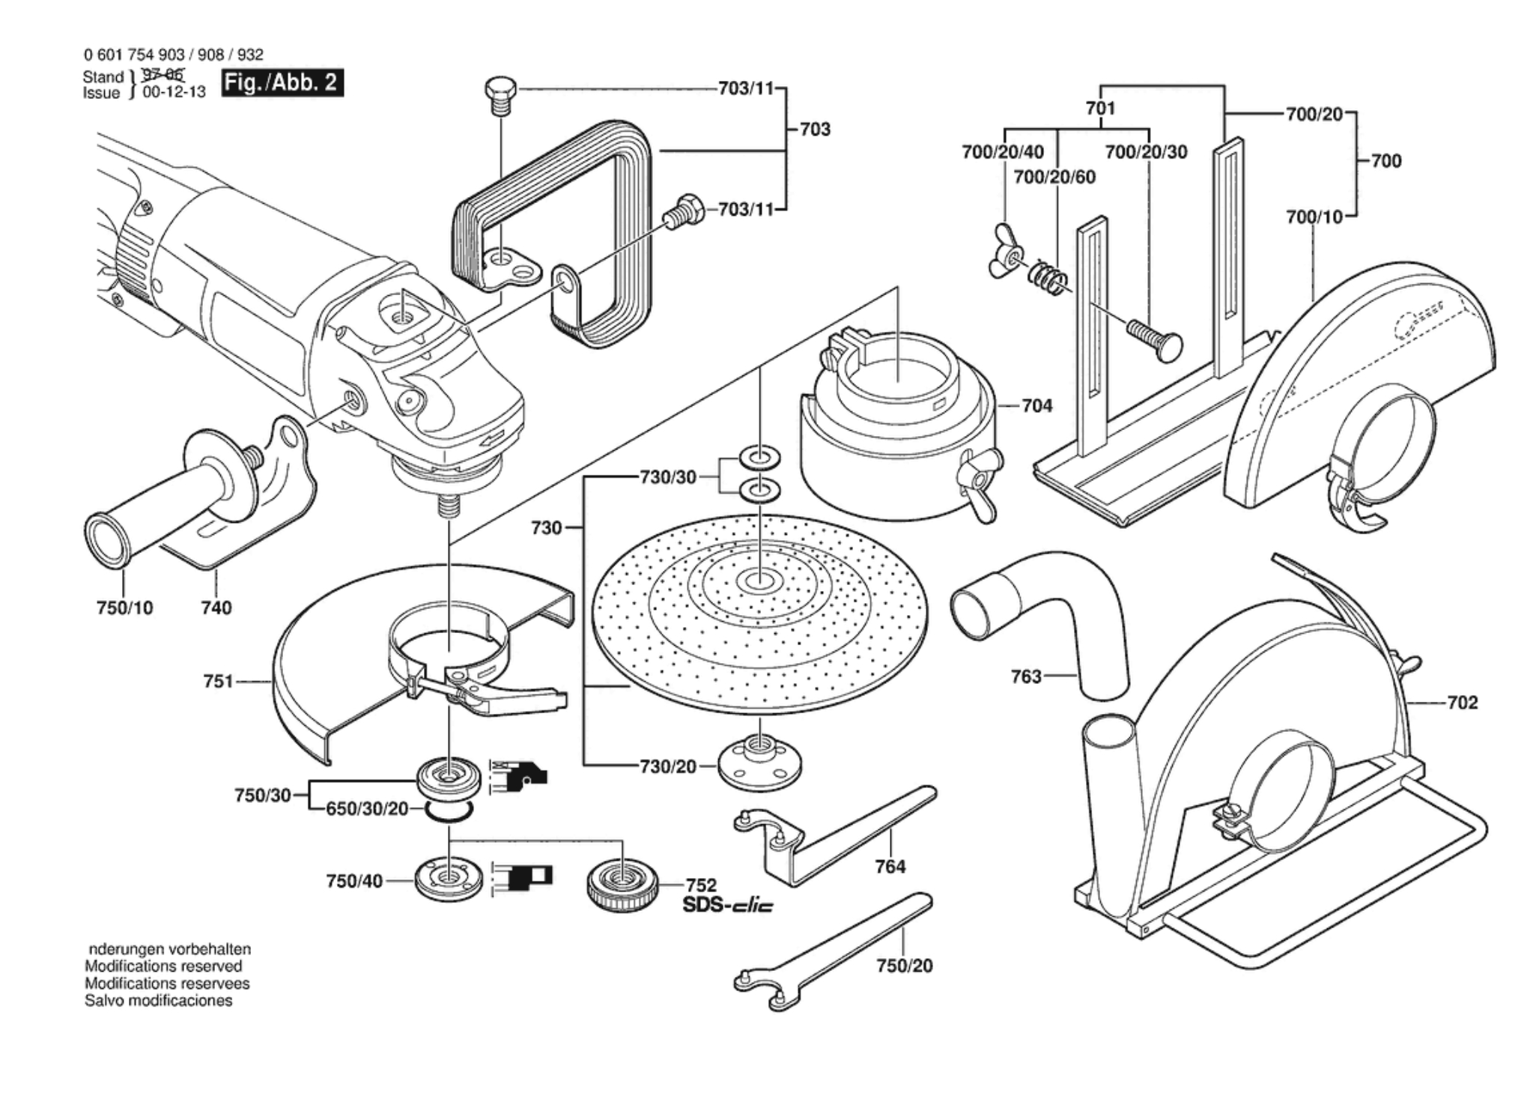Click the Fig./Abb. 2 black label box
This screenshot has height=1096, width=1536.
point(282,82)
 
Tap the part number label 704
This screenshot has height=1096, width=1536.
point(1037,406)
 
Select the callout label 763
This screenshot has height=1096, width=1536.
point(1026,676)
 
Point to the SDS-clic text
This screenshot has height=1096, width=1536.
point(727,905)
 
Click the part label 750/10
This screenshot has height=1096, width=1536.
point(124,608)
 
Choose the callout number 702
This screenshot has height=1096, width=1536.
point(1463,703)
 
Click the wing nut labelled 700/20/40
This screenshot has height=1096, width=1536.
point(1006,259)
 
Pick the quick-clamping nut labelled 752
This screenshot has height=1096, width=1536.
point(623,884)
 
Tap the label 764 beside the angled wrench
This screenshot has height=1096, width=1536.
point(890,867)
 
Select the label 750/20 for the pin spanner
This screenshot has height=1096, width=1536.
point(905,966)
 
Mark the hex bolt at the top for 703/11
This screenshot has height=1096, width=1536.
point(500,95)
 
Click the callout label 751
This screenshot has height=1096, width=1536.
point(219,682)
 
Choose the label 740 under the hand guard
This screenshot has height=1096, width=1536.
point(216,608)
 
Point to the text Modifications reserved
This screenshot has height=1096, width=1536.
point(163,966)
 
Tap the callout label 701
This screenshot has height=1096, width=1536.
point(1100,109)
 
